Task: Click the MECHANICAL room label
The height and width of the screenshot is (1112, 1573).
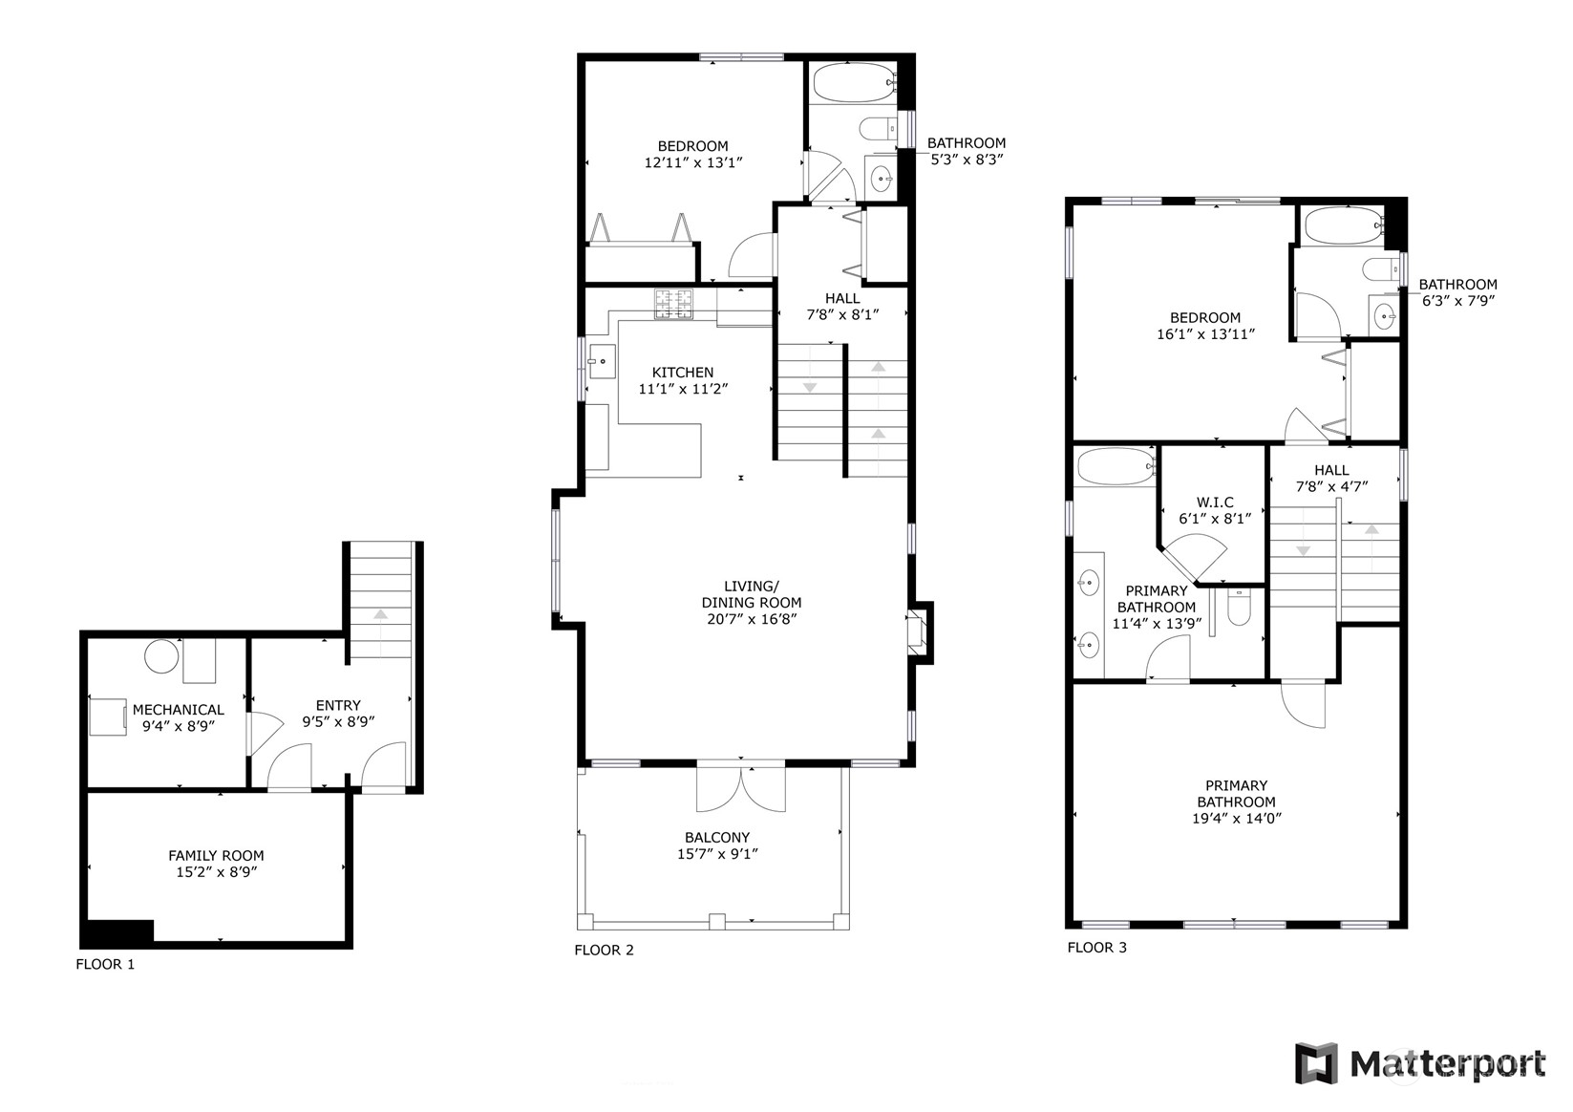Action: tap(179, 710)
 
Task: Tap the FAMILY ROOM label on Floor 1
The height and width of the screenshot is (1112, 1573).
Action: tap(216, 856)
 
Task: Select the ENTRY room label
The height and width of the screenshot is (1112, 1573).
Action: tap(338, 705)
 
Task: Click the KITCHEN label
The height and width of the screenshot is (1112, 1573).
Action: tap(683, 373)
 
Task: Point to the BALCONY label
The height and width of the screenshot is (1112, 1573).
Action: tap(717, 837)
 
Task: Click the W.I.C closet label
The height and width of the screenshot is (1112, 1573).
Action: tap(1215, 503)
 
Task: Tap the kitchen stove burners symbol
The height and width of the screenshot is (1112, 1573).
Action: tap(673, 304)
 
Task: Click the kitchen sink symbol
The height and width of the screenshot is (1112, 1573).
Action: tap(602, 361)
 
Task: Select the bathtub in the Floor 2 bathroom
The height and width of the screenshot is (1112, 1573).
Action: tap(854, 83)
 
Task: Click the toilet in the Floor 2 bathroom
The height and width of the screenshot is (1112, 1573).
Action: tap(878, 129)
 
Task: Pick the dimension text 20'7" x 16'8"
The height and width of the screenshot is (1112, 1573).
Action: tap(752, 619)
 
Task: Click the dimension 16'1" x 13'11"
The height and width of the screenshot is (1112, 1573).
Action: tap(1205, 334)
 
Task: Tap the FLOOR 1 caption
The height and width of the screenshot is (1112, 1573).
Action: tap(105, 965)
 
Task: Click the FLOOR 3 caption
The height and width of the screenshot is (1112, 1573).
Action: tap(1096, 948)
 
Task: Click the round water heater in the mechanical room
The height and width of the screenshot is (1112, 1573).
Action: tap(161, 656)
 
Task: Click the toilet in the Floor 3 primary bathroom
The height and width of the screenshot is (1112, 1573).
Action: tap(1238, 608)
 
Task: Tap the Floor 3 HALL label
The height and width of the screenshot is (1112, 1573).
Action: tap(1331, 470)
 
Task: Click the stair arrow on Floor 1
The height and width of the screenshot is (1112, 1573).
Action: tap(380, 631)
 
